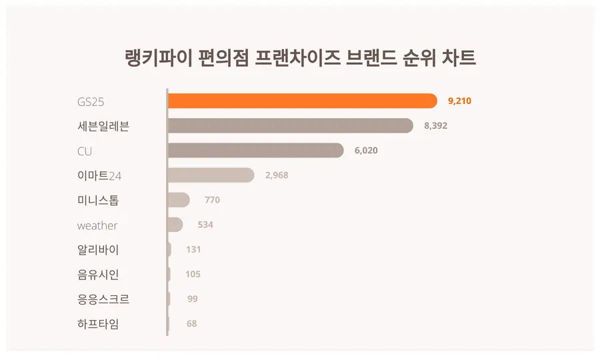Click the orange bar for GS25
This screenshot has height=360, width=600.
coord(302,101)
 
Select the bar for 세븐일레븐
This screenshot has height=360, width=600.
coord(290,125)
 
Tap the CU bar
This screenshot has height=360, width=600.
coord(255,151)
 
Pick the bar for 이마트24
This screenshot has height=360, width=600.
coord(211,175)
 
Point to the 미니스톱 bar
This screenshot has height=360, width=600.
coord(179,200)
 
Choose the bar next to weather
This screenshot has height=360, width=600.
coord(175,225)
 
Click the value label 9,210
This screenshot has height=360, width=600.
coord(460,101)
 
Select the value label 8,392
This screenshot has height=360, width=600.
coord(435,126)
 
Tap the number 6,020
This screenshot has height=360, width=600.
coord(366,151)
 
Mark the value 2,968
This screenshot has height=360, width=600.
coord(277,175)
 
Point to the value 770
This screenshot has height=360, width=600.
coord(212,200)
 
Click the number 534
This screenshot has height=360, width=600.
coord(205,225)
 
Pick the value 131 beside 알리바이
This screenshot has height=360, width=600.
coord(193,249)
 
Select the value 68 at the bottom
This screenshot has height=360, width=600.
coord(192,324)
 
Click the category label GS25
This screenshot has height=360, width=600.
coord(91,101)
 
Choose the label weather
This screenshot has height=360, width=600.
coord(97,225)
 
